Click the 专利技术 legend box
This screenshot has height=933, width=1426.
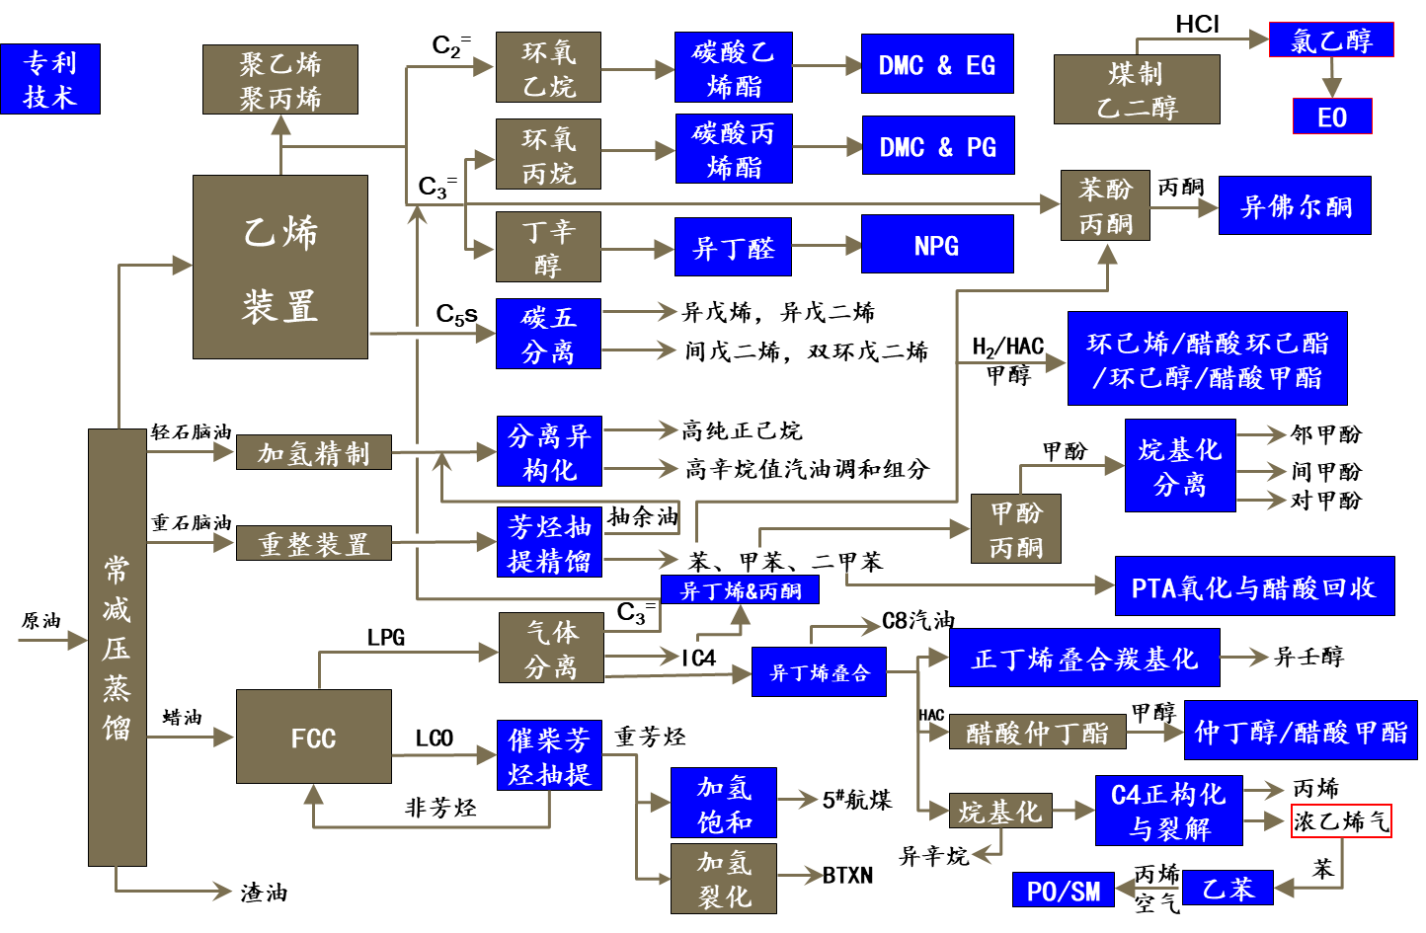[x=50, y=79]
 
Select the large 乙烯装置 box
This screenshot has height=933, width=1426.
[x=280, y=267]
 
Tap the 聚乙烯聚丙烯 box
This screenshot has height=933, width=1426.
[x=280, y=80]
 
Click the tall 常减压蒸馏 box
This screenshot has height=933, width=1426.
[x=118, y=647]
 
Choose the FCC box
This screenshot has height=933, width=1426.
[x=314, y=737]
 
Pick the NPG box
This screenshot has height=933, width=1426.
[x=937, y=244]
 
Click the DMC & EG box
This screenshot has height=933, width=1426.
[x=937, y=64]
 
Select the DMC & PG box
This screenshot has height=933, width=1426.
[x=938, y=146]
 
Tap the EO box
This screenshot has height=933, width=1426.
[x=1332, y=117]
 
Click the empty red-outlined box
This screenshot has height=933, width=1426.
[x=1341, y=821]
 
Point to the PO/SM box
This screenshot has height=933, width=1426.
[x=1064, y=890]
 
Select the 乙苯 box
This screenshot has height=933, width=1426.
[x=1228, y=888]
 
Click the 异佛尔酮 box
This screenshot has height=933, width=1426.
[x=1295, y=206]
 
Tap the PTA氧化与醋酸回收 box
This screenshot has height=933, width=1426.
[x=1254, y=586]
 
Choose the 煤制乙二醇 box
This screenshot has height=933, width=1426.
[x=1137, y=90]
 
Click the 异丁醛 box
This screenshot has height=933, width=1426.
[x=734, y=247]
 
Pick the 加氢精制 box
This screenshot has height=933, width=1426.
[x=314, y=452]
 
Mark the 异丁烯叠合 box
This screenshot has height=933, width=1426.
[x=819, y=672]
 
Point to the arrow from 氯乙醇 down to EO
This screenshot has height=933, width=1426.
[x=1332, y=77]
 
